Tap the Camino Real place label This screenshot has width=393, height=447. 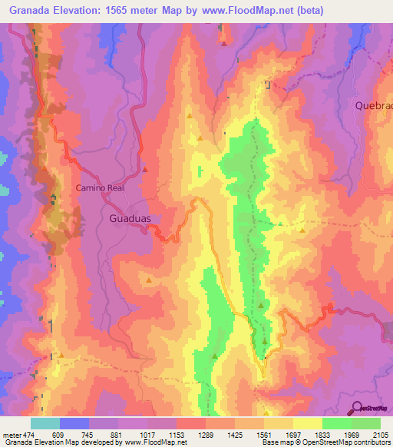tap(100, 187)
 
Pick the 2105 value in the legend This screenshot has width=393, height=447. tap(381, 435)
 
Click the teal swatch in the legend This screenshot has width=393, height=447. tap(45, 423)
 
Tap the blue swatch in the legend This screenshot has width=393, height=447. tap(74, 423)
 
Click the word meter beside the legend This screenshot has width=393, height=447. tap(12, 435)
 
